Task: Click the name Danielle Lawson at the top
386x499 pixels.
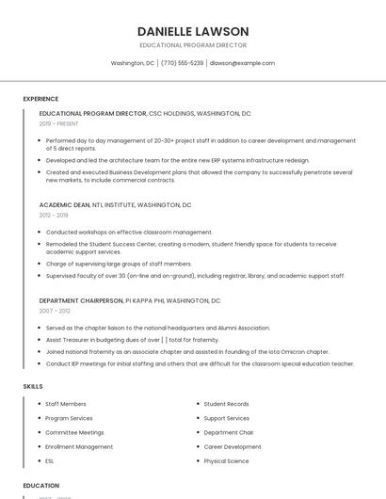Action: (193, 31)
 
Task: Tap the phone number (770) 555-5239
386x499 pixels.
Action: (183, 63)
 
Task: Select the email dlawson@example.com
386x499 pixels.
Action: (242, 63)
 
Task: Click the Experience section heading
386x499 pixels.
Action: (40, 99)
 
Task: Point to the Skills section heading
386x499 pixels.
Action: (33, 386)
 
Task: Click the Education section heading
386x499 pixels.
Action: (41, 486)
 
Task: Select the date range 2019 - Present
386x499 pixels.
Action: (59, 123)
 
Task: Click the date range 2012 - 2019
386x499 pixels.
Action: (54, 215)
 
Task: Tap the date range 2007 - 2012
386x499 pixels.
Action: (55, 311)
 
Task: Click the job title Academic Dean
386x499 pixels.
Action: (64, 204)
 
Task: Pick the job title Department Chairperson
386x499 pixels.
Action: (81, 300)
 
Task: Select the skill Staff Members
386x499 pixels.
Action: (66, 404)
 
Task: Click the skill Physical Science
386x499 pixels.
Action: (226, 461)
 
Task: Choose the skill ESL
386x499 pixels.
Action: (50, 461)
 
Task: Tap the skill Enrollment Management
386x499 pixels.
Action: (79, 447)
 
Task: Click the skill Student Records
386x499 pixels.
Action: (226, 404)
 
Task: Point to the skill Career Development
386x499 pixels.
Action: (233, 447)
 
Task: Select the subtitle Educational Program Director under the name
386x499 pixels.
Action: (193, 45)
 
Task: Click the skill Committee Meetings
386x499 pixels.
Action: (74, 432)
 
